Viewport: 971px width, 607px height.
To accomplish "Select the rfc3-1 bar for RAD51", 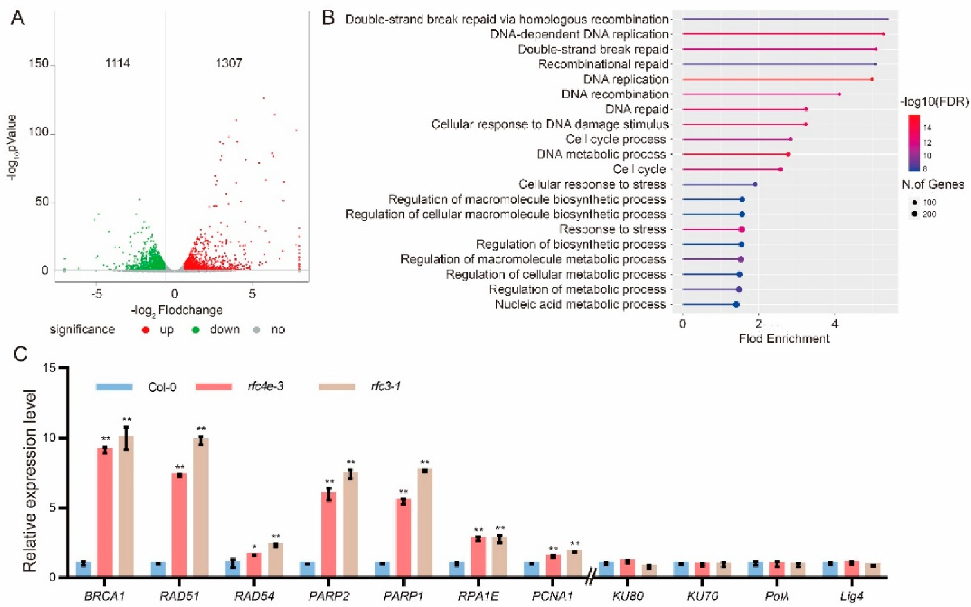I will click(201, 507).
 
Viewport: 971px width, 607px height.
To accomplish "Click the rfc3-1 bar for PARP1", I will click(425, 522).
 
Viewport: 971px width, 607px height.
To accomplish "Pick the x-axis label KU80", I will click(627, 596).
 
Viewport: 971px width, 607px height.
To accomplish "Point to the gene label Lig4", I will click(851, 596).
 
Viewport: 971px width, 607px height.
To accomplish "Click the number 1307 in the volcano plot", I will click(229, 63).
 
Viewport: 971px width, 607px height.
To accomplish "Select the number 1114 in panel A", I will click(117, 63).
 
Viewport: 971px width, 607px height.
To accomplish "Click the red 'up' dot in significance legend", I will click(146, 329).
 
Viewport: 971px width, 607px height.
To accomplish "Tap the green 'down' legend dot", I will click(195, 329).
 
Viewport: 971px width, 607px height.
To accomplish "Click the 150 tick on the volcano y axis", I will click(39, 63).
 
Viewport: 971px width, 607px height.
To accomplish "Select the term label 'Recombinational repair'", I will click(603, 64).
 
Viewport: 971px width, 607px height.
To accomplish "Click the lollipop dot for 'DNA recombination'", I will click(839, 94).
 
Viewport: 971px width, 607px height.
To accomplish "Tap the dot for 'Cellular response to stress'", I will click(755, 184).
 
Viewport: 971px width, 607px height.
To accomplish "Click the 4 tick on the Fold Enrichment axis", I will click(834, 324).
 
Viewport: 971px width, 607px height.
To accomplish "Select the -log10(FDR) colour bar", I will click(914, 143).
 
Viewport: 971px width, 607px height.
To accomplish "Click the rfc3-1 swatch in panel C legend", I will click(337, 387).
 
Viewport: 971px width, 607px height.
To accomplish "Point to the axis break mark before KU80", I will click(590, 577).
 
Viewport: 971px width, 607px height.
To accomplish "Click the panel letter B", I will click(328, 18).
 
